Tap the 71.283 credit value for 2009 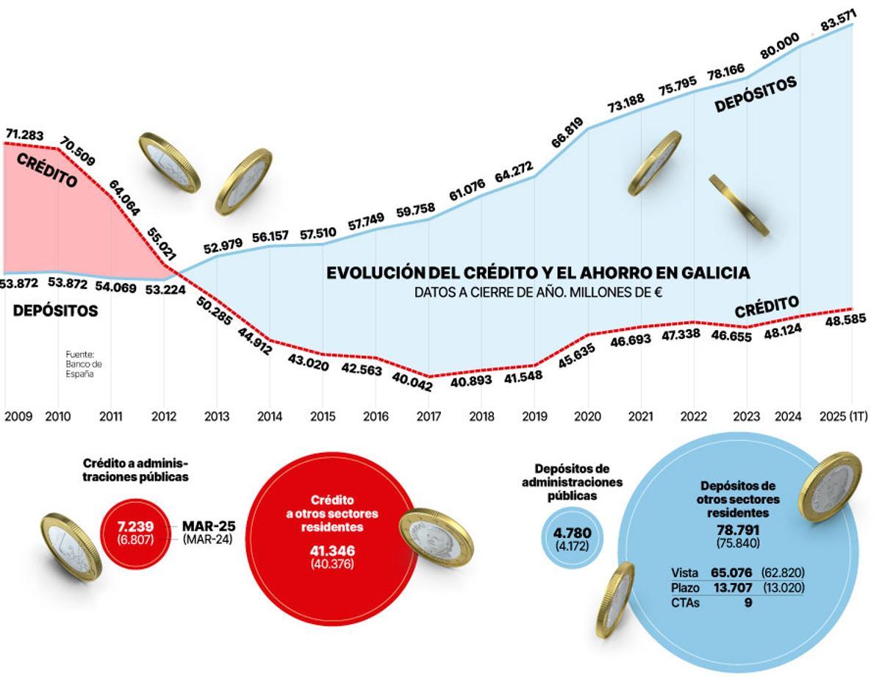point(24,135)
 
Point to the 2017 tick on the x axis point(429,416)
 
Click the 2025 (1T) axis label point(843,416)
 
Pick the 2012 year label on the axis point(164,416)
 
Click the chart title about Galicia point(538,273)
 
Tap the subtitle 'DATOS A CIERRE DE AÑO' point(538,292)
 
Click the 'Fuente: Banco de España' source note point(84,363)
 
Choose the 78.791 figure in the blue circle point(738,530)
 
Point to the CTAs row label point(686,603)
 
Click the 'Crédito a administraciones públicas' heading point(135,470)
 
